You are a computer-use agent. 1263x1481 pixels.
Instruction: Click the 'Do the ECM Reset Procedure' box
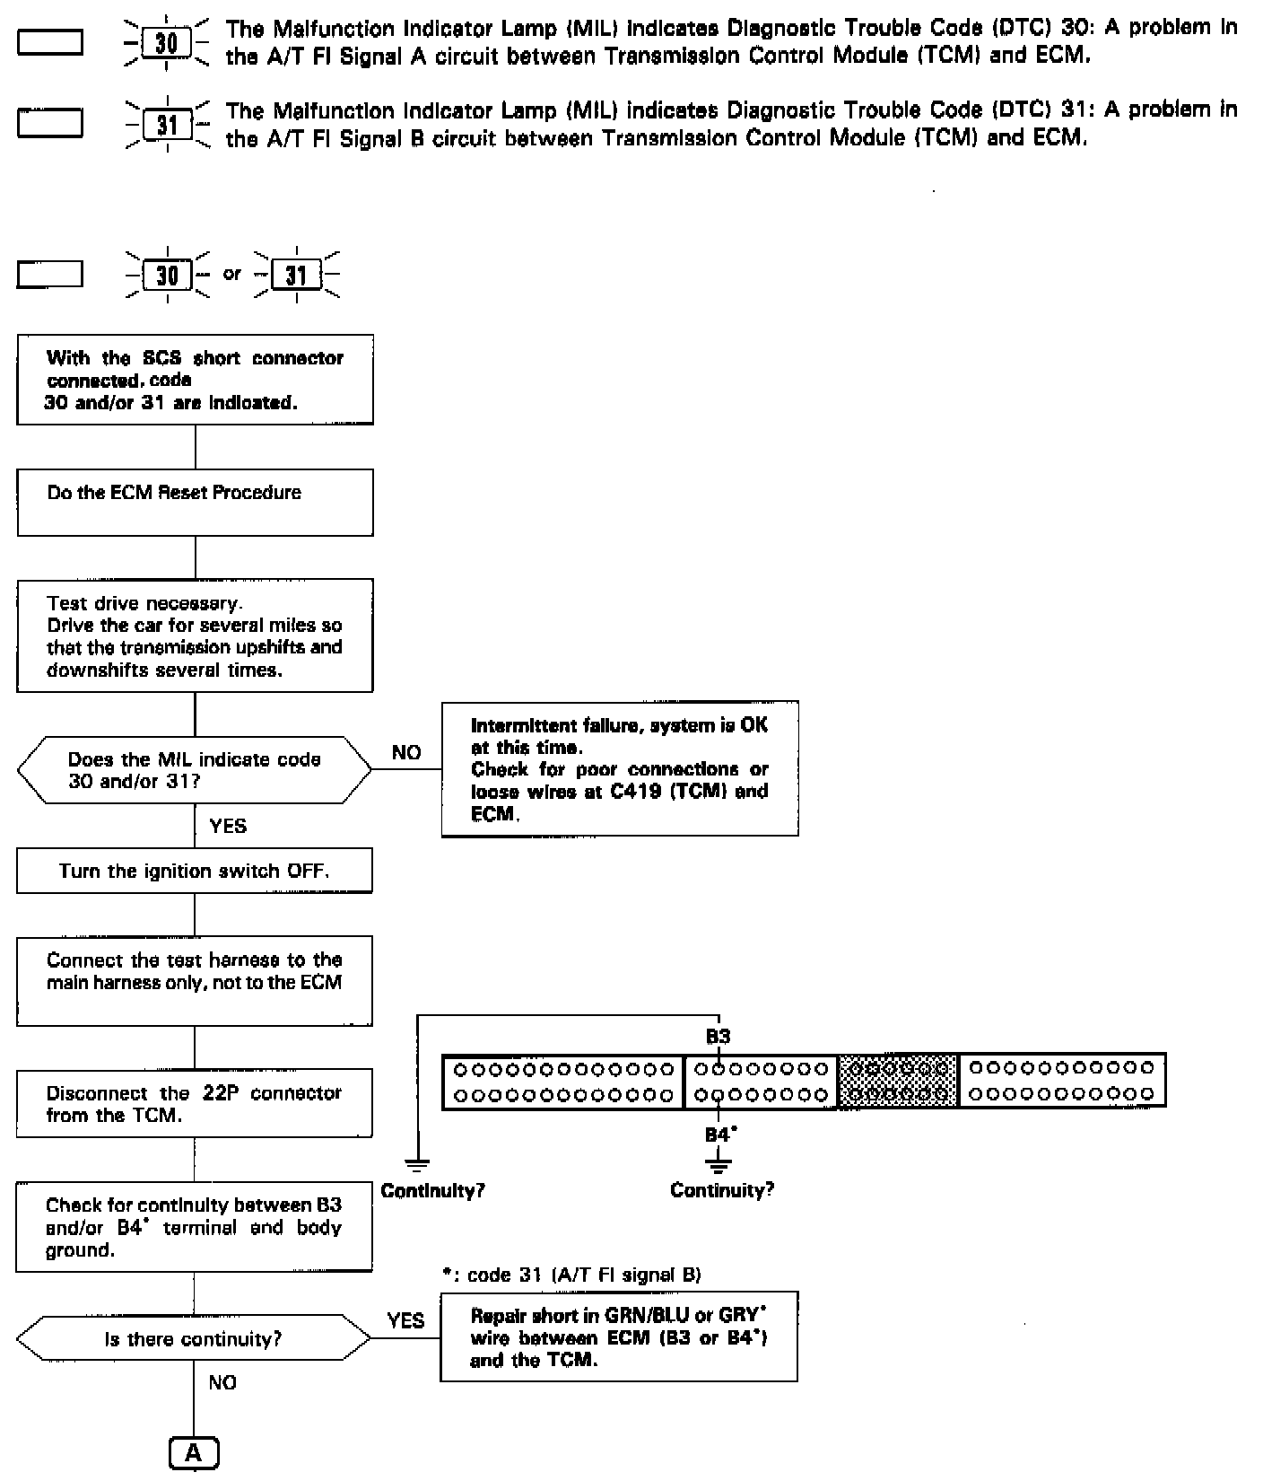click(195, 502)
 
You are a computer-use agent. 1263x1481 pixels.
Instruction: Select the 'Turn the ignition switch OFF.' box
click(195, 871)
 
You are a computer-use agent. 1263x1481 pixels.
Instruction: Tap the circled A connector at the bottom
click(194, 1452)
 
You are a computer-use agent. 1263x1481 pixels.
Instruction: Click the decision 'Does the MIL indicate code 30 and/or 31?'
click(195, 770)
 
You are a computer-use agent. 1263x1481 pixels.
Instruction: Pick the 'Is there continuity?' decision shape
click(194, 1339)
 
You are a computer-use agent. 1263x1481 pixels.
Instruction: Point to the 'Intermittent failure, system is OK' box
click(619, 769)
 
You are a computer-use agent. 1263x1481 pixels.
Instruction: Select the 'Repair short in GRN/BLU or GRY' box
click(618, 1336)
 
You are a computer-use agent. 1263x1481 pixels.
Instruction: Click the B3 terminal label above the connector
click(718, 1037)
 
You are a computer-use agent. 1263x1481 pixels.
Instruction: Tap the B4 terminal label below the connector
click(719, 1135)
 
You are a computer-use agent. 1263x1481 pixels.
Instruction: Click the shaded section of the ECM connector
click(898, 1081)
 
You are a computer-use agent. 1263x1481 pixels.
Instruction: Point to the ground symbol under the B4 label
click(719, 1165)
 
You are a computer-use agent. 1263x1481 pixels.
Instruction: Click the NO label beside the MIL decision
click(406, 753)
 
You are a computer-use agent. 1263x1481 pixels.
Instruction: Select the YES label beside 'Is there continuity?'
click(405, 1320)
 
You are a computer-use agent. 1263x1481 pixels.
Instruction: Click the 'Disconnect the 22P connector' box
click(195, 1103)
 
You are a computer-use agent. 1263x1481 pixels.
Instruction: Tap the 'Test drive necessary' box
click(195, 635)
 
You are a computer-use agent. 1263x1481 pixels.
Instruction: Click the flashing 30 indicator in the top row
click(167, 43)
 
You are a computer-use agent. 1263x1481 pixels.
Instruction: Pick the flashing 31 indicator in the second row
click(168, 125)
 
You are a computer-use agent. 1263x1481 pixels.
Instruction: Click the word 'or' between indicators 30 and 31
click(232, 273)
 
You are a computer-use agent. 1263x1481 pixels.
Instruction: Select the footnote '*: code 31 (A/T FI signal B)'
click(571, 1275)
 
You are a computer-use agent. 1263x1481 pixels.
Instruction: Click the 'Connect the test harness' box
click(195, 980)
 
